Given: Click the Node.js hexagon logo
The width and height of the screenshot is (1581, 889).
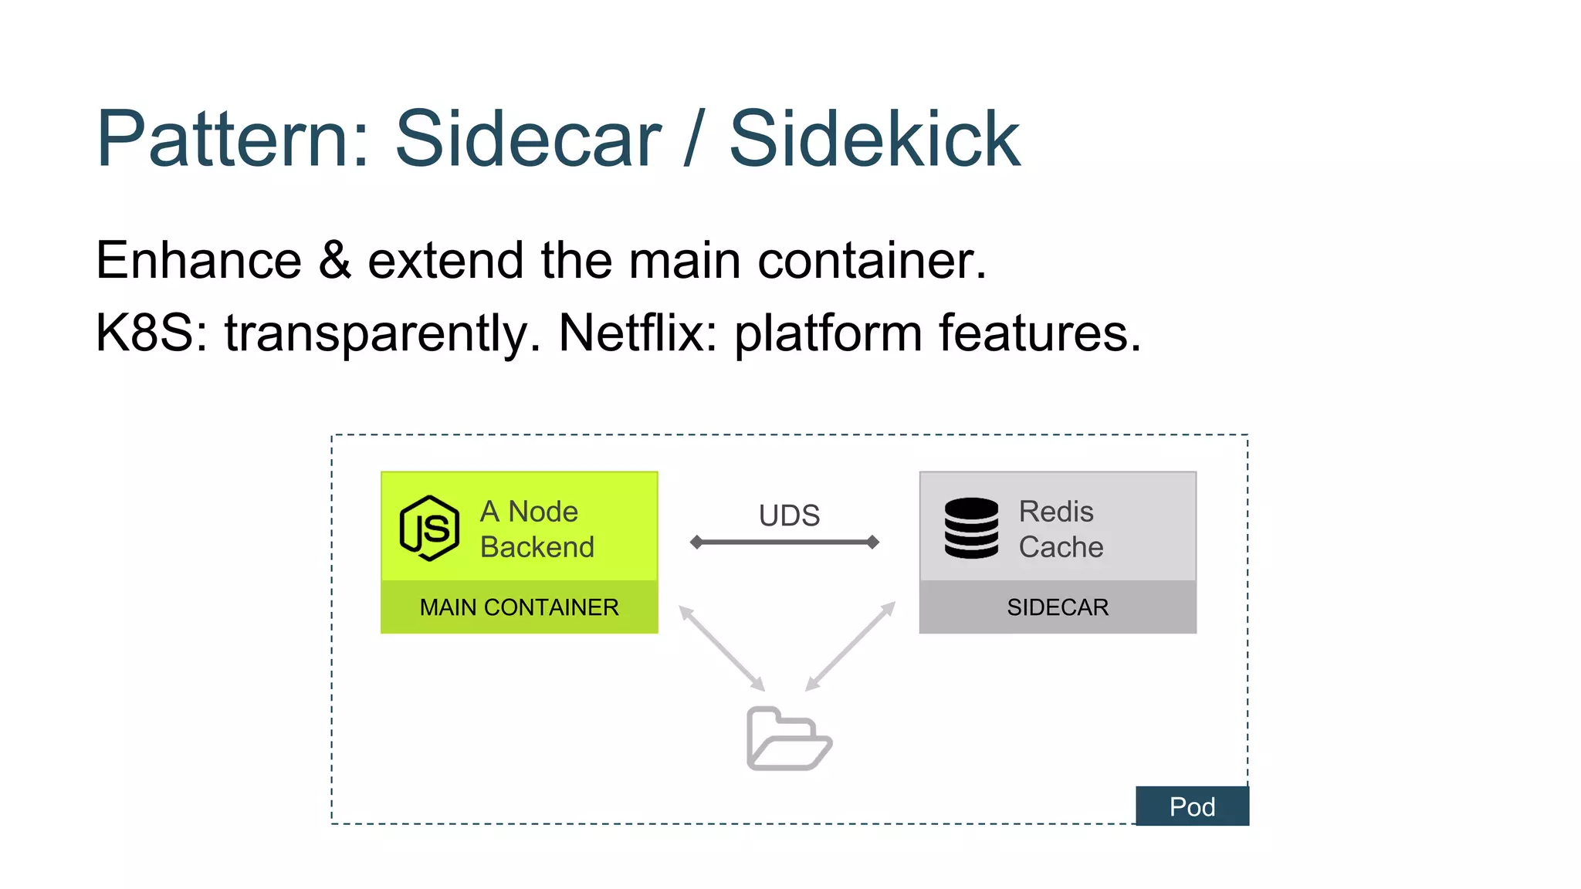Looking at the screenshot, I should click(x=429, y=528).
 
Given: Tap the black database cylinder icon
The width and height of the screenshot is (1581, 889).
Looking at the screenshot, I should click(x=971, y=528).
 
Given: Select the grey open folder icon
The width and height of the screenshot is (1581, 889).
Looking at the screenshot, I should click(x=788, y=739).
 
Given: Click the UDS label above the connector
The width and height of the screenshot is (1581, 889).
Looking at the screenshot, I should click(x=789, y=515).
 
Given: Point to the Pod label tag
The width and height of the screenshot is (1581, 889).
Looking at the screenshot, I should click(x=1192, y=806).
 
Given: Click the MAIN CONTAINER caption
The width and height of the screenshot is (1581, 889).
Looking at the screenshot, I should click(x=519, y=607).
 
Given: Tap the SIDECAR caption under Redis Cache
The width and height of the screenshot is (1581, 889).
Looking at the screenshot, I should click(x=1058, y=607).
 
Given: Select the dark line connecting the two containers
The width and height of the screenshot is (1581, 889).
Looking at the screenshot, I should click(x=784, y=542).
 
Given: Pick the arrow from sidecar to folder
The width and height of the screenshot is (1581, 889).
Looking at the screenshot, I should click(x=850, y=647).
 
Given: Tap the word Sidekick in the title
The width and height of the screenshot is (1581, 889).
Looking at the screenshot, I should click(x=875, y=139).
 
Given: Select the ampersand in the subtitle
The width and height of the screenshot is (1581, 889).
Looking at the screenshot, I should click(x=334, y=260).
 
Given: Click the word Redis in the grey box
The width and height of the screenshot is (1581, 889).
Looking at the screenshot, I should click(x=1056, y=512).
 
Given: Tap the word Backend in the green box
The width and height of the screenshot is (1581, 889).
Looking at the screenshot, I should click(x=537, y=547).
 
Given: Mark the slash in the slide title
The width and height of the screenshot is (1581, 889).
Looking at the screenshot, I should click(x=695, y=139).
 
